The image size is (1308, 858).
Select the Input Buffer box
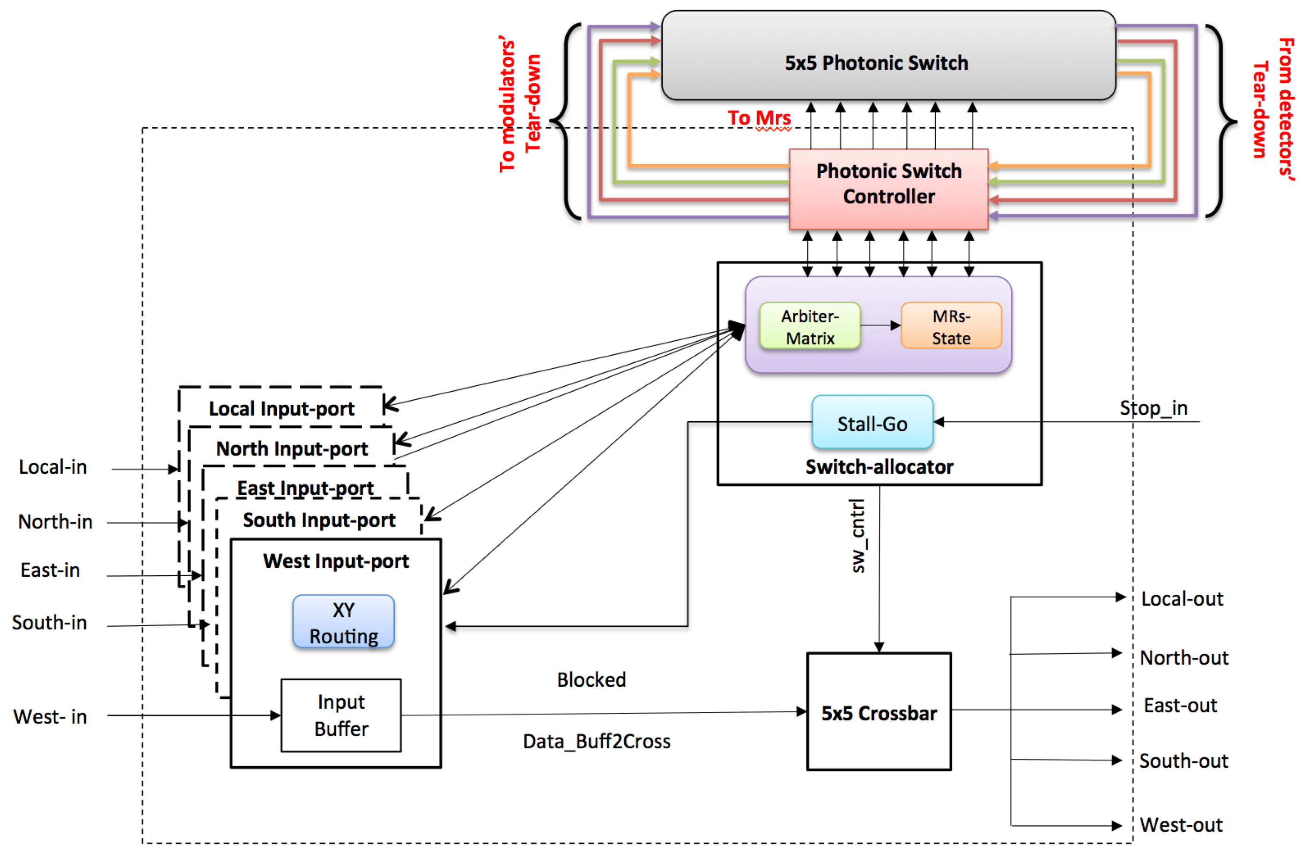click(341, 715)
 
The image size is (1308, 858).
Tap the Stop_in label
click(1153, 408)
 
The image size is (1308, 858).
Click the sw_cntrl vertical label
click(857, 535)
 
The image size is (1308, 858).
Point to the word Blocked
click(591, 680)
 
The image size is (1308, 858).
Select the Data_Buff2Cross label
click(596, 741)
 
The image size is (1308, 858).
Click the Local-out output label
click(1182, 598)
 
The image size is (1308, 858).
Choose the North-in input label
click(55, 521)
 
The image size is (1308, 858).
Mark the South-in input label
click(50, 623)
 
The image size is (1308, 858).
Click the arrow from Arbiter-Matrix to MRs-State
click(880, 325)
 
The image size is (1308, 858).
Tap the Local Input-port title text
click(281, 409)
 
